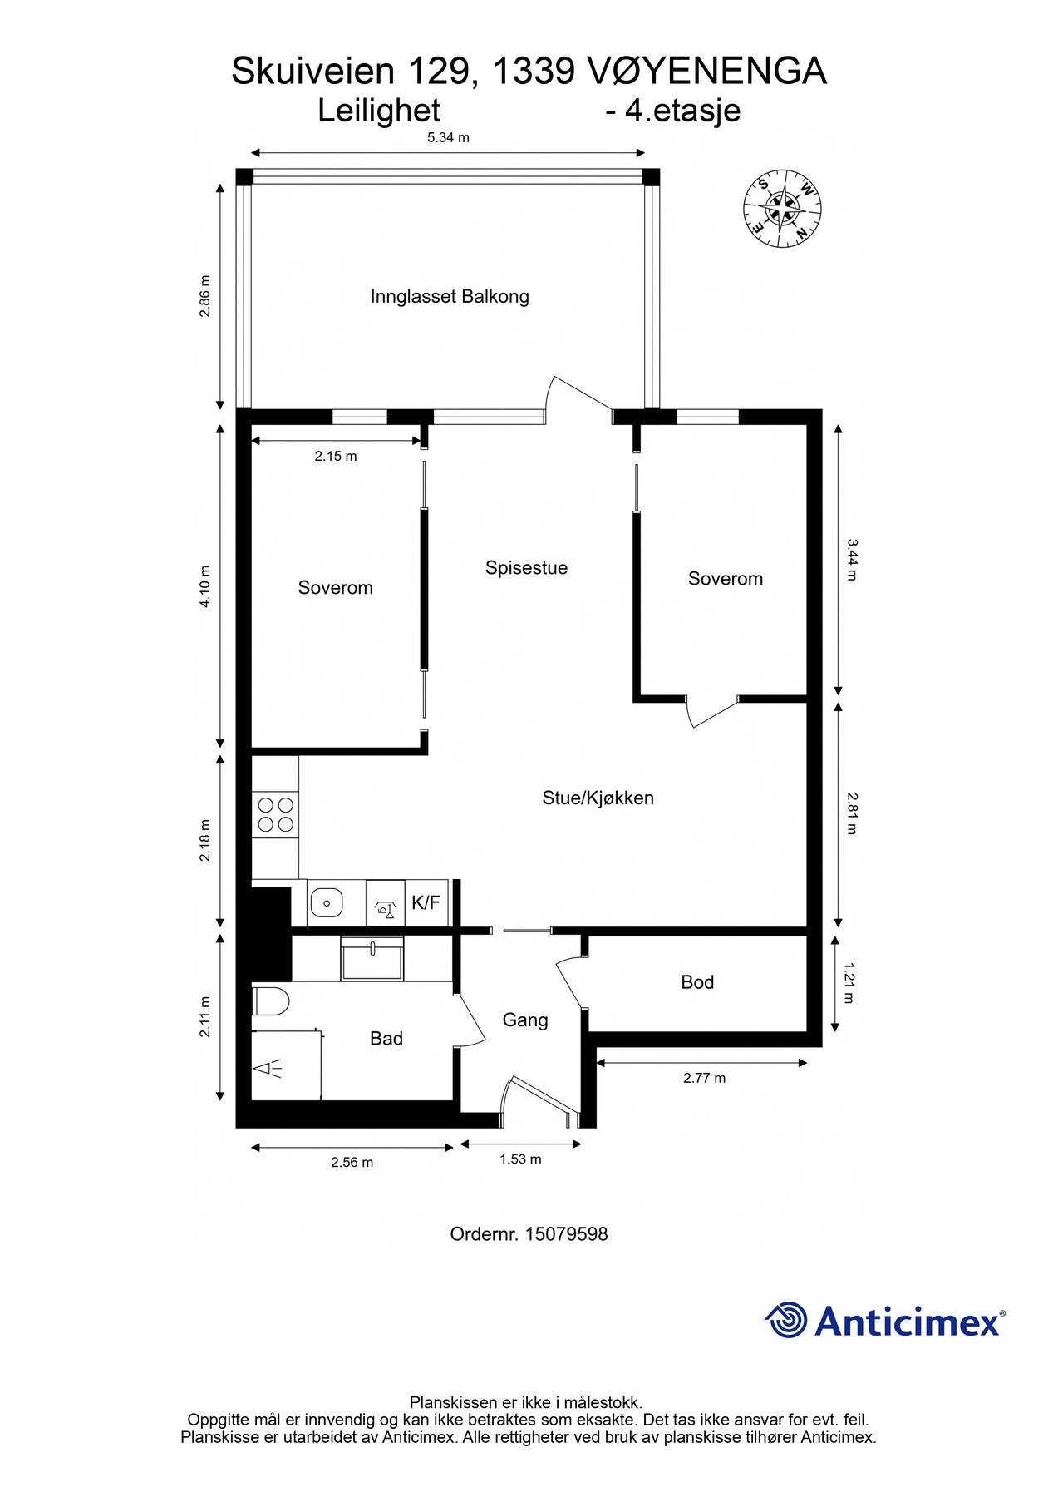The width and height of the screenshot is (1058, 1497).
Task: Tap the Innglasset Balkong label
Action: click(x=450, y=297)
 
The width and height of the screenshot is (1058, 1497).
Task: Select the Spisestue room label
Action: click(x=526, y=568)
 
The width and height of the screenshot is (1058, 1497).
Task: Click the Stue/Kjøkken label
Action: click(x=598, y=798)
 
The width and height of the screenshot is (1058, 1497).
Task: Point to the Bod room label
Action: click(x=696, y=982)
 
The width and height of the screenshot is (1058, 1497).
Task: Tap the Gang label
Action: click(x=525, y=1020)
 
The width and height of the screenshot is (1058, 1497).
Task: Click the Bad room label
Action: click(x=386, y=1038)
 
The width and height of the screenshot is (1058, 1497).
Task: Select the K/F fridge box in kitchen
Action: click(x=426, y=902)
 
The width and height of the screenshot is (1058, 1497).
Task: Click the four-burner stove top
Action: click(x=275, y=815)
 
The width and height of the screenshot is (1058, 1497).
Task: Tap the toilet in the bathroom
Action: click(x=269, y=1000)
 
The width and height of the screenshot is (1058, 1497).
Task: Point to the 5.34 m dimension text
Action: click(x=448, y=138)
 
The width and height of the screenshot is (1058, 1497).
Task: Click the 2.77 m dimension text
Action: click(x=704, y=1078)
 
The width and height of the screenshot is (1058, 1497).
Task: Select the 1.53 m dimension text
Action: click(x=520, y=1159)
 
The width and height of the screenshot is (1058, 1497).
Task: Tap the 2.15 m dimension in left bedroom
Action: click(x=335, y=456)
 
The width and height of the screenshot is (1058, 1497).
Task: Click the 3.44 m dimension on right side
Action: click(x=850, y=559)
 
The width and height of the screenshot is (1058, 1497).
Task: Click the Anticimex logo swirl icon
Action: click(x=785, y=1321)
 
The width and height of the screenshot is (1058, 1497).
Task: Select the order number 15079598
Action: click(x=565, y=1234)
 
